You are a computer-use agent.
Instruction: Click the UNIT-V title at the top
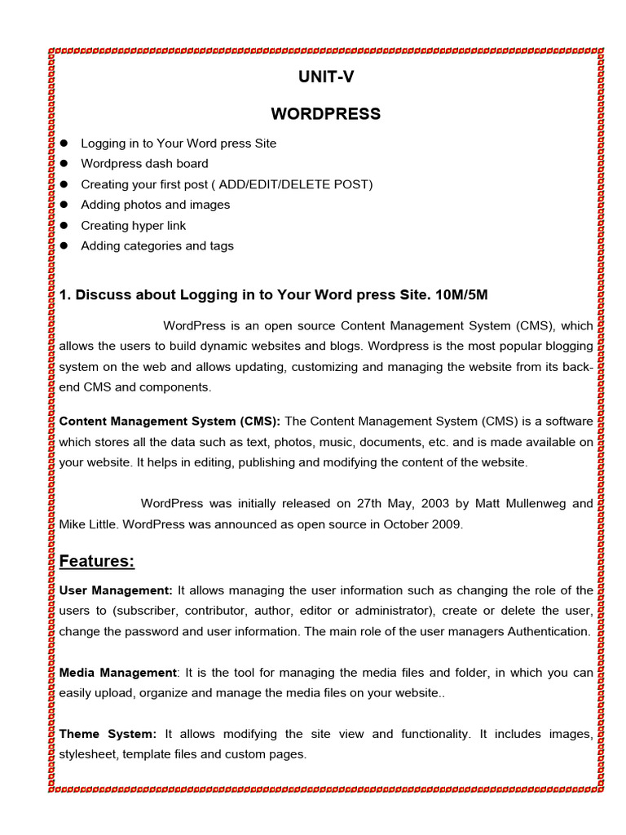pyautogui.click(x=325, y=77)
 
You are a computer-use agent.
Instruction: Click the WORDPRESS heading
pyautogui.click(x=325, y=114)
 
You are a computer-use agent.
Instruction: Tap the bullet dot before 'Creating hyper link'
pyautogui.click(x=64, y=226)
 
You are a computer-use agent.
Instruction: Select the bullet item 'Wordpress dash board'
pyautogui.click(x=144, y=164)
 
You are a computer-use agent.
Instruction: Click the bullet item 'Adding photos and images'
pyautogui.click(x=155, y=205)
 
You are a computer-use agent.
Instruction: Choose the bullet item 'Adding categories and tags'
pyautogui.click(x=156, y=246)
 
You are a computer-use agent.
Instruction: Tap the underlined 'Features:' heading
pyautogui.click(x=97, y=562)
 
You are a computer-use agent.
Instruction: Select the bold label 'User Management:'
pyautogui.click(x=116, y=590)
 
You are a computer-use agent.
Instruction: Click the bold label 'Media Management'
pyautogui.click(x=117, y=673)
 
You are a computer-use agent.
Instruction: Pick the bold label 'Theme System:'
pyautogui.click(x=108, y=734)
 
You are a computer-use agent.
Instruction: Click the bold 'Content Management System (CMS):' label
pyautogui.click(x=170, y=422)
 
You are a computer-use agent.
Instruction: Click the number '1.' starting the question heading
pyautogui.click(x=65, y=294)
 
